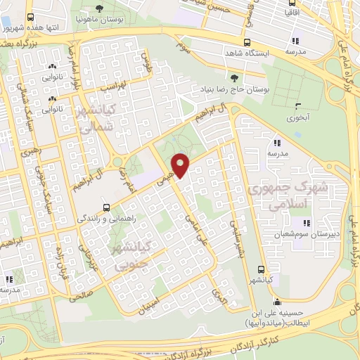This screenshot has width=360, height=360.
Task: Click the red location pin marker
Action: tap(181, 165)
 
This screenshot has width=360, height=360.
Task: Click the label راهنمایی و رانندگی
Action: tap(105, 219)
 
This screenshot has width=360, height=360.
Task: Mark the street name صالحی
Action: tap(79, 296)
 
